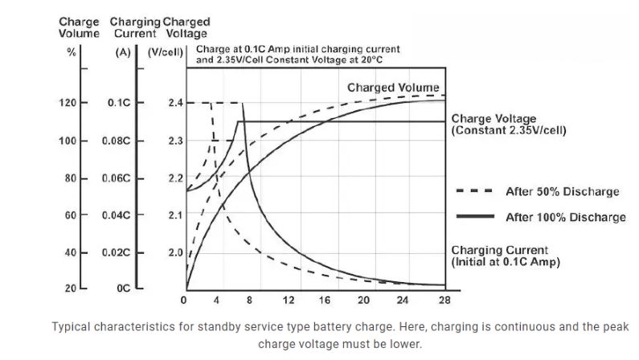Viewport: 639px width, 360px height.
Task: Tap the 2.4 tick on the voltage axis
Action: pos(176,103)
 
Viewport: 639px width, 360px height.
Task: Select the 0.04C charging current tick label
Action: pos(116,215)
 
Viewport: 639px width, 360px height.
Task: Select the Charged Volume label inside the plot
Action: pos(393,87)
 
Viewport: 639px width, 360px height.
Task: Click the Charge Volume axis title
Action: pos(79,27)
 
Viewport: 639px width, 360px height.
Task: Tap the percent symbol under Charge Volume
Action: pos(71,52)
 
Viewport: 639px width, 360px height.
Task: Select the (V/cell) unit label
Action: pos(167,52)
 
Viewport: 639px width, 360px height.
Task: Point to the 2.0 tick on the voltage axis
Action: pos(176,252)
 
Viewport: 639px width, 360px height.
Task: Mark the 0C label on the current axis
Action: pos(123,287)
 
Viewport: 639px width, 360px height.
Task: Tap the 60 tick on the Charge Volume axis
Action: pos(70,215)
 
